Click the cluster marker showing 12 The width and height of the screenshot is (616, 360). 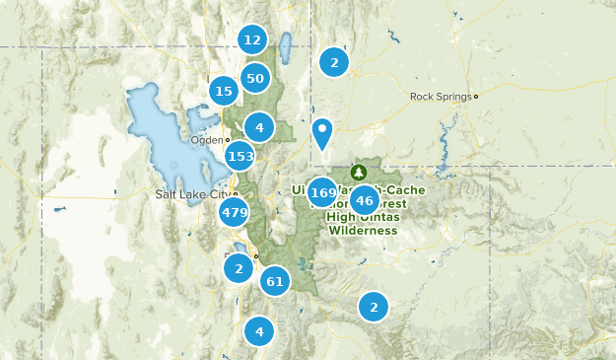(252, 40)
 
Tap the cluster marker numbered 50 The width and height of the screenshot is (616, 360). (255, 78)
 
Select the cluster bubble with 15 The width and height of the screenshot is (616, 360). (224, 92)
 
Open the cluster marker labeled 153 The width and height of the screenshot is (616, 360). (240, 156)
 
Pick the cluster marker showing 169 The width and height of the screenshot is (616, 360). (322, 191)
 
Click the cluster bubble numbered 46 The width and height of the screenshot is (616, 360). (364, 200)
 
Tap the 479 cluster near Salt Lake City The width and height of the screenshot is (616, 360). (235, 212)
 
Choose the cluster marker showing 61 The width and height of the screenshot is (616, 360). (275, 282)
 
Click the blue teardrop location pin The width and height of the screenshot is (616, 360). (322, 132)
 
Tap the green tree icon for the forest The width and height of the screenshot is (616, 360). (357, 171)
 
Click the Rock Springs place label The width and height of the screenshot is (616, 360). (440, 97)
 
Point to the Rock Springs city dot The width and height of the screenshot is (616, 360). (475, 97)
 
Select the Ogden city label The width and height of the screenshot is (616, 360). (206, 140)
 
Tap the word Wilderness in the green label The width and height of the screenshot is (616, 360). (363, 230)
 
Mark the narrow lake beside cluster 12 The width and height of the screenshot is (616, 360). (285, 45)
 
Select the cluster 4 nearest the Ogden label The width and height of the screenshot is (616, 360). (259, 127)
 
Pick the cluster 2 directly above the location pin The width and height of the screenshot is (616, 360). (334, 62)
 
